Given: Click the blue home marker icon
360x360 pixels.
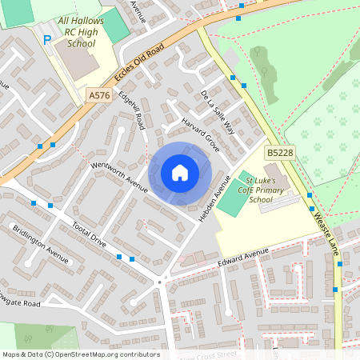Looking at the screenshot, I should click(180, 173).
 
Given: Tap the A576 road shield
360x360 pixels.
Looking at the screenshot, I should click(98, 95).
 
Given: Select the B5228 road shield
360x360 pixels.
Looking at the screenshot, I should click(279, 152).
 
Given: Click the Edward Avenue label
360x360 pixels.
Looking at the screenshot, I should click(243, 258).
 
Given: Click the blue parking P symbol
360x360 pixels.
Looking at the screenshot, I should click(47, 39).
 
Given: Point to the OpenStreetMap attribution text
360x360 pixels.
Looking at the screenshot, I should click(80, 354).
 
